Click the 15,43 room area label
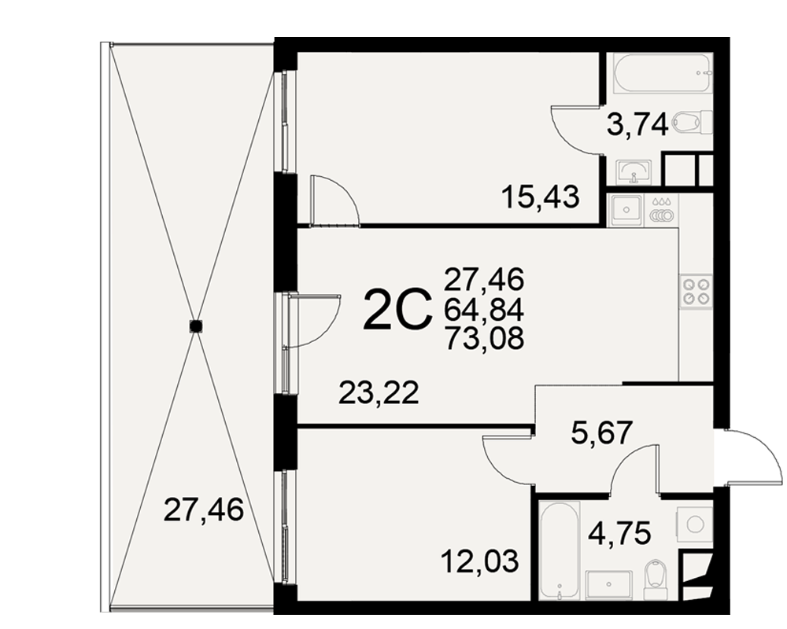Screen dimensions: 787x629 coord(541,197)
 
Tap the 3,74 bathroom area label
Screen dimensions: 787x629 coord(637,125)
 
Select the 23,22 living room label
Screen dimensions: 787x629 coord(379,393)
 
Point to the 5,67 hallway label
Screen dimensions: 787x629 coord(602,433)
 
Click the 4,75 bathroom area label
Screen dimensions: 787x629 coord(620,533)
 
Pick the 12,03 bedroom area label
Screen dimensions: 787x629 coord(479,561)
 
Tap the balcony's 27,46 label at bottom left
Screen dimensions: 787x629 coord(203,510)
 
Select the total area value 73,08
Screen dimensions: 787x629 coord(484,337)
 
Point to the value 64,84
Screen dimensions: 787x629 coord(484,310)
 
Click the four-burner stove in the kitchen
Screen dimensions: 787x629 coord(696,292)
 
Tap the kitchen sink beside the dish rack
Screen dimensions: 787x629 coord(625,210)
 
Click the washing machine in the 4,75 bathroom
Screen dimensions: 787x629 coord(694,524)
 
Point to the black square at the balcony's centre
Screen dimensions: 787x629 coord(196,326)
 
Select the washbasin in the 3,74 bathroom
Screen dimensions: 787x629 coord(634,172)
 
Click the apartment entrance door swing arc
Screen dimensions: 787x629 coord(767,448)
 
